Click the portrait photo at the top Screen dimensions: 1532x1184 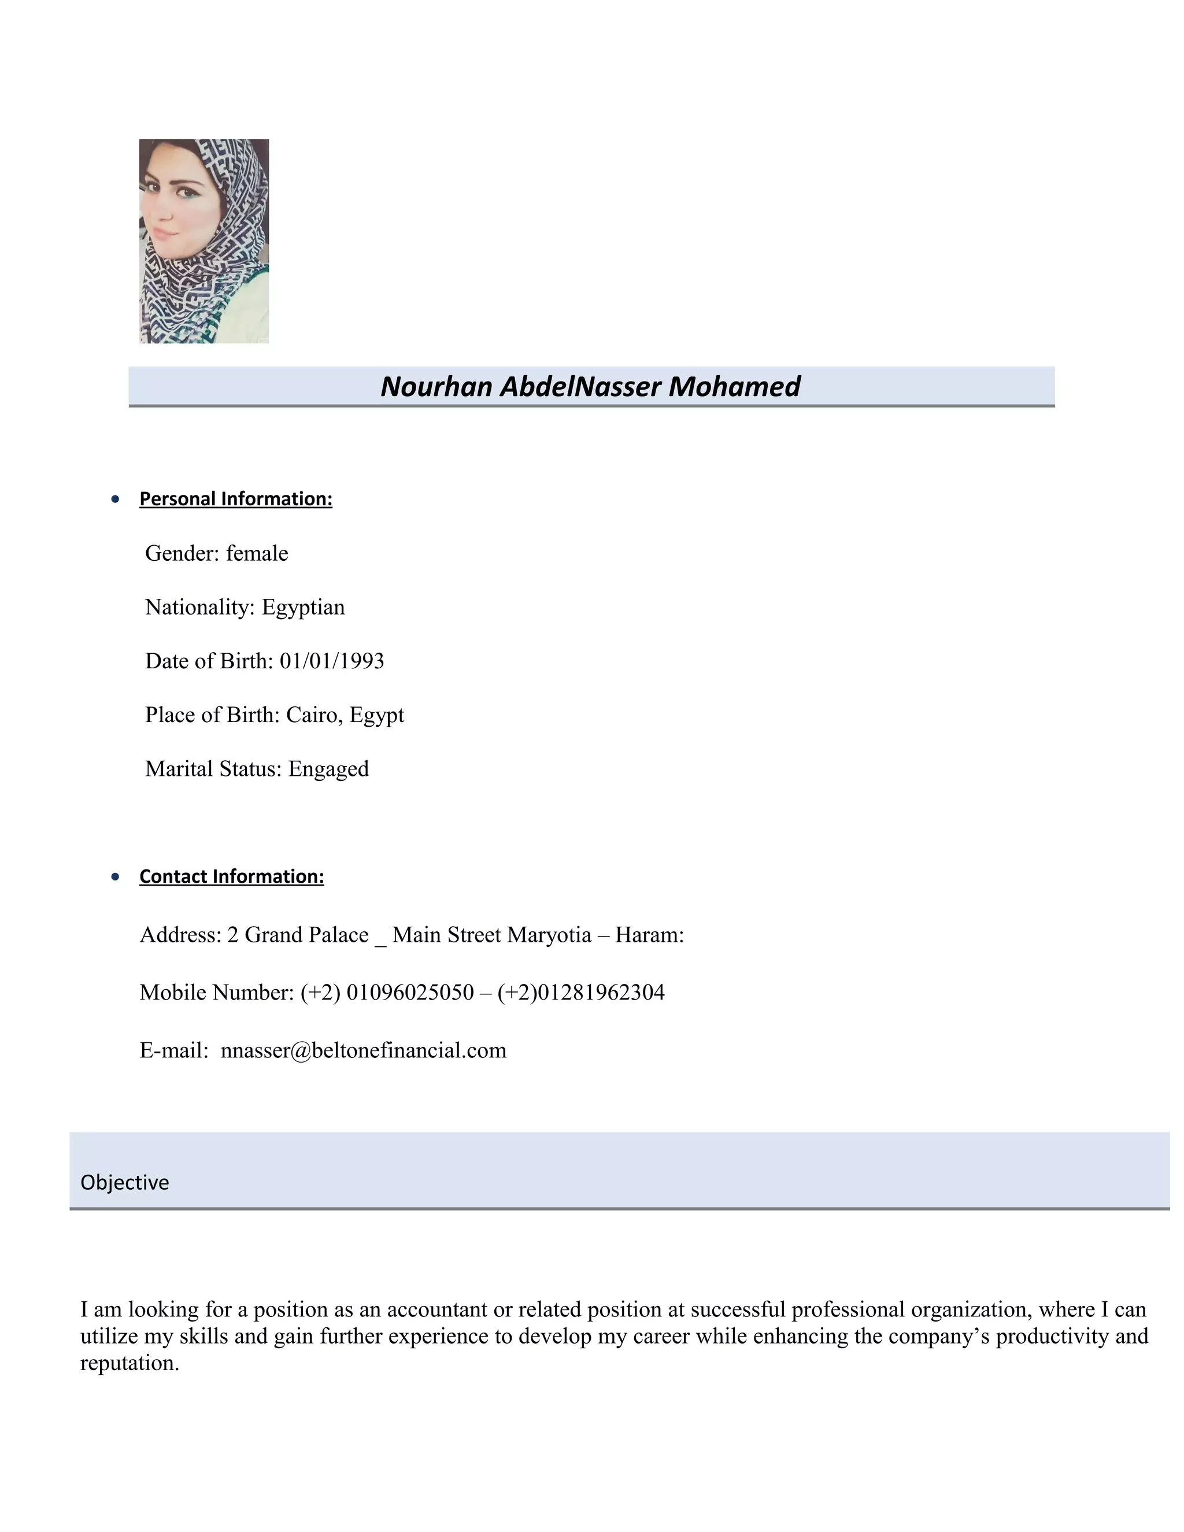[203, 240]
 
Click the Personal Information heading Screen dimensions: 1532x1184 [236, 499]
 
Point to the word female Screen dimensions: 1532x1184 [257, 553]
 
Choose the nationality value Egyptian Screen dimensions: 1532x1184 [303, 607]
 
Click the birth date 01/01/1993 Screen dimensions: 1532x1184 [332, 661]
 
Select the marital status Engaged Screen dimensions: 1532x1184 [328, 769]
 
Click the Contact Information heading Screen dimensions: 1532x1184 [231, 876]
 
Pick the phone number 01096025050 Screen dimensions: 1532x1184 [410, 993]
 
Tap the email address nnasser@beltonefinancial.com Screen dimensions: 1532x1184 [363, 1050]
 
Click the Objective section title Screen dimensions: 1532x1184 [125, 1183]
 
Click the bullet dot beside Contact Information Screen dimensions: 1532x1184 [116, 877]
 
